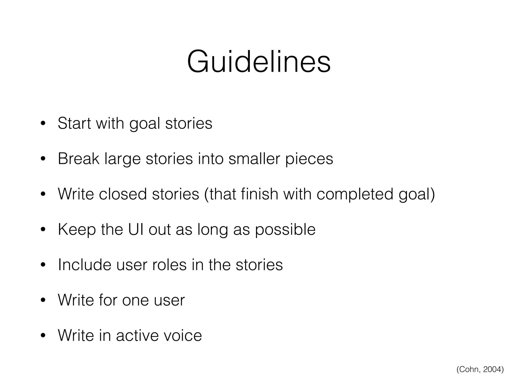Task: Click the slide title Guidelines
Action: pos(259,62)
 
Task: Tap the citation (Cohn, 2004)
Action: pos(480,369)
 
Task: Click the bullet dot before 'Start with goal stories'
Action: pos(43,124)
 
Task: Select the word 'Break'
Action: pos(78,159)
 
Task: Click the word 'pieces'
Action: pos(309,159)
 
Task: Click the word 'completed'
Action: pos(355,195)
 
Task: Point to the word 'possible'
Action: pos(285,230)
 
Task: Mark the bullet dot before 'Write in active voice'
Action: pos(43,336)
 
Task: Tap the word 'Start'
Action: pos(73,124)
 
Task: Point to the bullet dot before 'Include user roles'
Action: pos(43,265)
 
